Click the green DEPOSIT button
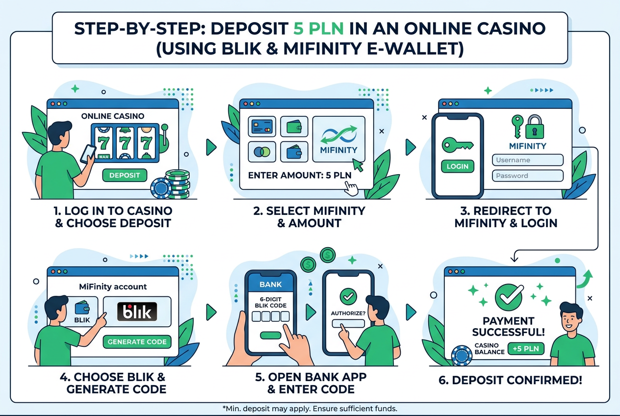click(x=125, y=175)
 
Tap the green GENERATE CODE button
click(x=137, y=342)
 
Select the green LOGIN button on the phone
click(x=458, y=166)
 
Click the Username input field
click(x=528, y=160)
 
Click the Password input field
click(x=528, y=176)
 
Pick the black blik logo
click(x=137, y=312)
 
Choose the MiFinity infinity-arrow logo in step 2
click(x=339, y=134)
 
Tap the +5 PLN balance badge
click(x=526, y=349)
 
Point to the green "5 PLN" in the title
click(x=318, y=28)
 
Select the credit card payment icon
click(x=262, y=127)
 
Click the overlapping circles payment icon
click(x=262, y=152)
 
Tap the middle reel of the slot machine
click(x=125, y=143)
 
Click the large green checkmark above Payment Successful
click(x=509, y=297)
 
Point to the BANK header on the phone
click(x=270, y=284)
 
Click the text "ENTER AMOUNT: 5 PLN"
click(x=300, y=175)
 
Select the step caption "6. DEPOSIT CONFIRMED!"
click(x=510, y=380)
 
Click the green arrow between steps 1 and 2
click(x=211, y=147)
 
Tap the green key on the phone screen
click(x=458, y=145)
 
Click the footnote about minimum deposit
click(x=310, y=409)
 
